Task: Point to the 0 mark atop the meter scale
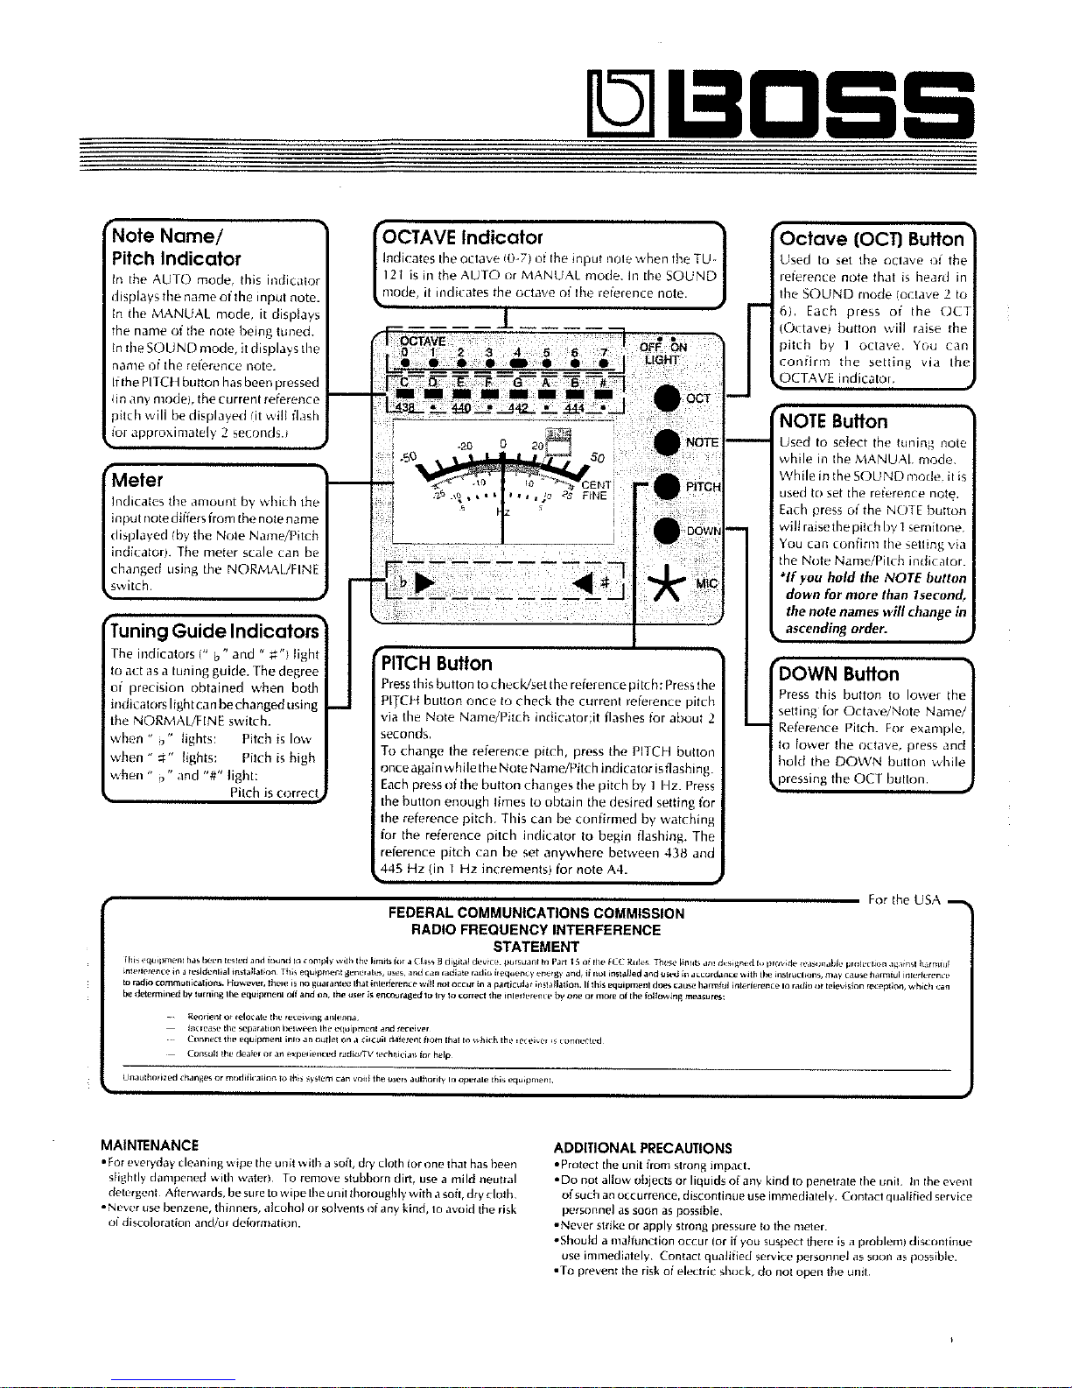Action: click(503, 445)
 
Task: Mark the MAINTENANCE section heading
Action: click(150, 1145)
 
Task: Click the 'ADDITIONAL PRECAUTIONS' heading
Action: click(643, 1148)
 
